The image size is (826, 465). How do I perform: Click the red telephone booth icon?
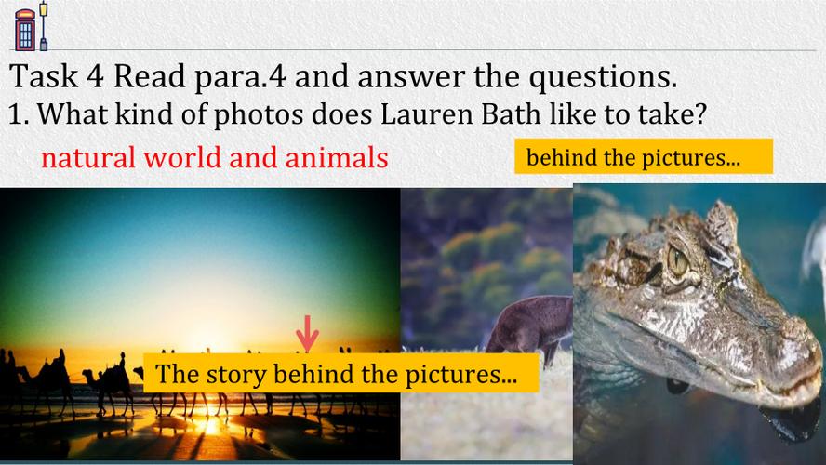25,30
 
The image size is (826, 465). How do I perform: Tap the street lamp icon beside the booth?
43,26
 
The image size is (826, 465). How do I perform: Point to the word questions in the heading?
603,77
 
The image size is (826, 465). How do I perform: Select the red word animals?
337,157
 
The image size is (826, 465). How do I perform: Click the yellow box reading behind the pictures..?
643,156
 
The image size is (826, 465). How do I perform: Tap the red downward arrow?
307,333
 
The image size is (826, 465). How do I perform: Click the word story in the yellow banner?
236,375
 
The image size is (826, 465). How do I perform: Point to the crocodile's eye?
677,259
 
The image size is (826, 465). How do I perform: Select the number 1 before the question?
18,113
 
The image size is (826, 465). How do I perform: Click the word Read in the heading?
150,76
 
